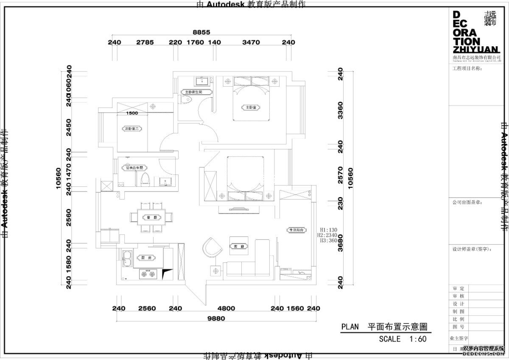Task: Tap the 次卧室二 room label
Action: (x=132, y=128)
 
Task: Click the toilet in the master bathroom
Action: (x=185, y=99)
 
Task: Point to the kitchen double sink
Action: (x=127, y=259)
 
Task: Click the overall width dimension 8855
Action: (x=201, y=32)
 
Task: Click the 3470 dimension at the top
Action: (x=251, y=42)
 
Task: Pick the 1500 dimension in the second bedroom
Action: (x=132, y=113)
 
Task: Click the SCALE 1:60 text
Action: (x=403, y=339)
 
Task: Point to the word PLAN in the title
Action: (x=350, y=327)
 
